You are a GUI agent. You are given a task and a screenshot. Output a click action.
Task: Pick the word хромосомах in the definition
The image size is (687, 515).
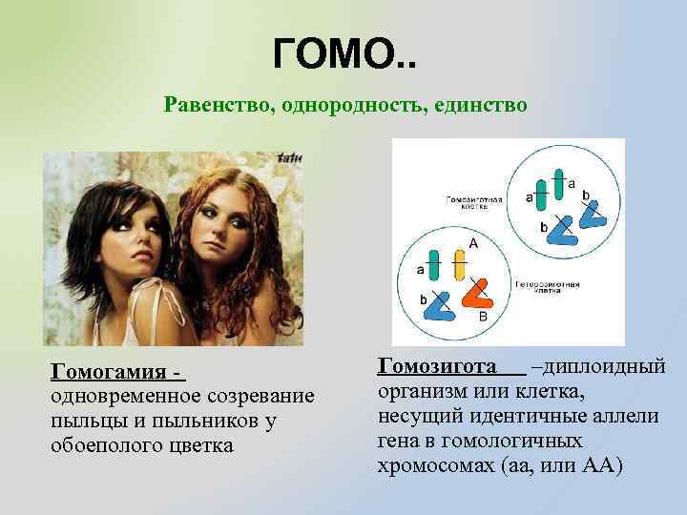[x=429, y=465]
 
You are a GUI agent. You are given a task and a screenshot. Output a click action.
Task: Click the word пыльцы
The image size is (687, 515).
[x=82, y=421]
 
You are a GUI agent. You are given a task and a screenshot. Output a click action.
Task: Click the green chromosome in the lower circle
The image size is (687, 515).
[x=434, y=266]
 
